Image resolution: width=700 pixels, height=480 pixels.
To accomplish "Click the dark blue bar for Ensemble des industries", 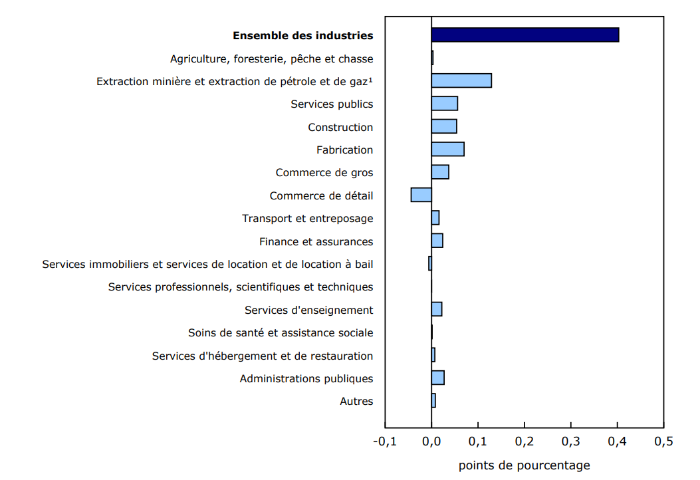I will [x=525, y=35].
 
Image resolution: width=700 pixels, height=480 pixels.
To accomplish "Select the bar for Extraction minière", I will [x=461, y=80].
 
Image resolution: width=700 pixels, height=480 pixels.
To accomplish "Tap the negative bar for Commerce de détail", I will [x=421, y=195].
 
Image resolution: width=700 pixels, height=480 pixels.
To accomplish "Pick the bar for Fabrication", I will [x=447, y=149].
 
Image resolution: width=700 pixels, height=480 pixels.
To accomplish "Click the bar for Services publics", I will [x=444, y=104].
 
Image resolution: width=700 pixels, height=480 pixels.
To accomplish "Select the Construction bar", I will [x=444, y=126].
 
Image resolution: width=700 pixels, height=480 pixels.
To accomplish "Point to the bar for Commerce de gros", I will [x=440, y=172].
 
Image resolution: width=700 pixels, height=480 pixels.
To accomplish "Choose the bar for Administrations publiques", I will [x=437, y=378].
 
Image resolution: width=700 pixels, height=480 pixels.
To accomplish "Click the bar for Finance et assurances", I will [x=437, y=241].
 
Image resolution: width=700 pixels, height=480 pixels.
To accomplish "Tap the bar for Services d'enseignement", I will [x=437, y=309].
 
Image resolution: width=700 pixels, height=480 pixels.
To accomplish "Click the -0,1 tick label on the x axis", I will [x=385, y=441].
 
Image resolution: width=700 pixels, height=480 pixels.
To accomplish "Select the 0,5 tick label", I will [x=663, y=441].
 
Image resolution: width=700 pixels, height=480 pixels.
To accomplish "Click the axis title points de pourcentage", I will [x=524, y=465].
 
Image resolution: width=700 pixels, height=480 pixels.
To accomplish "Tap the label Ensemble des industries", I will [x=302, y=36].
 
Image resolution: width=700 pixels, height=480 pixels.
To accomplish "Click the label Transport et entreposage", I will [x=307, y=218].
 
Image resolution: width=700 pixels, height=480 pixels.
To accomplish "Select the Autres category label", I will [x=356, y=401].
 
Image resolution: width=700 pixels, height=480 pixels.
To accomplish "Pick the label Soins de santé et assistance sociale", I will [x=281, y=332].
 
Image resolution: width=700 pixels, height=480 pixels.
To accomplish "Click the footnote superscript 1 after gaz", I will [x=370, y=80].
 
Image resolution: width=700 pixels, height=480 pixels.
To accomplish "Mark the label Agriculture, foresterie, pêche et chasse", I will [x=271, y=59].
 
